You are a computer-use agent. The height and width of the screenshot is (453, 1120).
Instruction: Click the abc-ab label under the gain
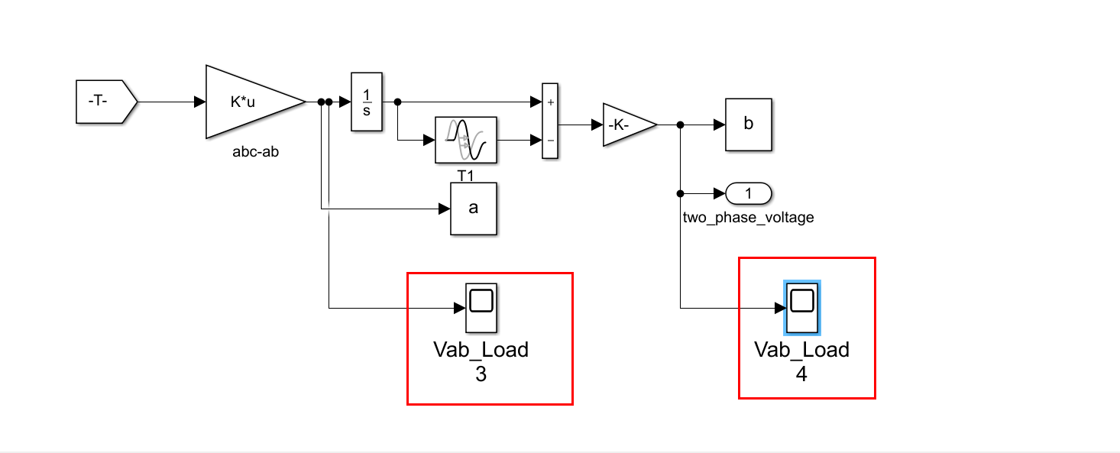[x=255, y=151]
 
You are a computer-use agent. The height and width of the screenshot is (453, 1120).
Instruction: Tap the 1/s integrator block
[x=366, y=102]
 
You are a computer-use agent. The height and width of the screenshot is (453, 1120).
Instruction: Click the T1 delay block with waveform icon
[x=466, y=140]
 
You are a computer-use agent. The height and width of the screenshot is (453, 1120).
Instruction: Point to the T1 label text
[x=466, y=176]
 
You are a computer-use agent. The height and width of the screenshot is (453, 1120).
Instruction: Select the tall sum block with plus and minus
[x=550, y=121]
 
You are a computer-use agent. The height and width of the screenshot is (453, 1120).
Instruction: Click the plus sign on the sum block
[x=550, y=102]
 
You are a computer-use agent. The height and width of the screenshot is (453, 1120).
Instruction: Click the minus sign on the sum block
[x=550, y=141]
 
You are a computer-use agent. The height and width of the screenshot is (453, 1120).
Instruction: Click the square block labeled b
[x=749, y=125]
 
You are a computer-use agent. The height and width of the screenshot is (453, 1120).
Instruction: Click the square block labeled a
[x=474, y=208]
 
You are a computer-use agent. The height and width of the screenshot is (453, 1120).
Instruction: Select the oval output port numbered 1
[x=749, y=194]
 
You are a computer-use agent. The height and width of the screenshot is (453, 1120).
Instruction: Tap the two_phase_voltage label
[x=748, y=218]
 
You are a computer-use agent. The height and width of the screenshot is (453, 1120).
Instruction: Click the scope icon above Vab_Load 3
[x=481, y=308]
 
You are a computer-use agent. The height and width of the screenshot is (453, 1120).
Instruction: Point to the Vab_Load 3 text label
[x=481, y=361]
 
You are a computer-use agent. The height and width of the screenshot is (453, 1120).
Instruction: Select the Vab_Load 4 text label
[x=802, y=361]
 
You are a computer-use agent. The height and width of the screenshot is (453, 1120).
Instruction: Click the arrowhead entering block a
[x=445, y=208]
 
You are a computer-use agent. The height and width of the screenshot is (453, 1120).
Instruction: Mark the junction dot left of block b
[x=680, y=125]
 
